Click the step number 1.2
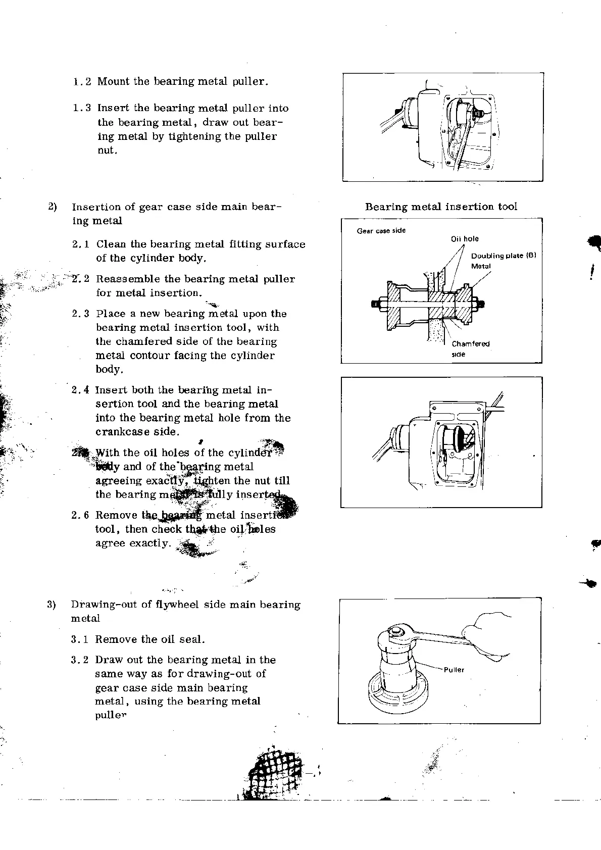tap(82, 81)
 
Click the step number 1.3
tap(82, 108)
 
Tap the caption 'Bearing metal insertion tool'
tap(441, 207)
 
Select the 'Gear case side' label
tap(381, 231)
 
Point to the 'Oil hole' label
tap(465, 239)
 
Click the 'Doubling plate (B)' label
tap(503, 256)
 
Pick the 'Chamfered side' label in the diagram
tap(470, 348)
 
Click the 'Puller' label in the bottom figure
tap(454, 670)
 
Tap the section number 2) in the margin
tap(52, 207)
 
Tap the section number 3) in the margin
tap(51, 605)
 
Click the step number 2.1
tap(81, 244)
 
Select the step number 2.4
tap(80, 390)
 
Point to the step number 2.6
tap(80, 515)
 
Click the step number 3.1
tap(80, 639)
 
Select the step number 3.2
tap(80, 660)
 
